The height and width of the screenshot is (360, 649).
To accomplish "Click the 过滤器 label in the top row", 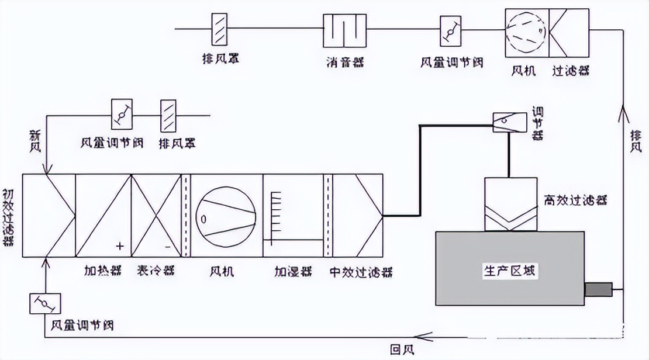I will click(x=571, y=71).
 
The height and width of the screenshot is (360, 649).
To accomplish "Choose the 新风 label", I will click(x=34, y=142).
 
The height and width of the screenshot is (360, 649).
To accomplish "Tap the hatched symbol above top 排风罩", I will click(x=220, y=29).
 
